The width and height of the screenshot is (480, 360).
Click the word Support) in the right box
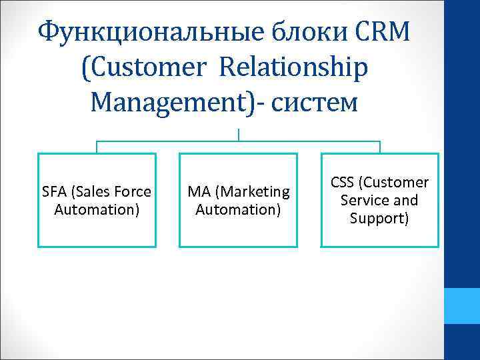[379, 217]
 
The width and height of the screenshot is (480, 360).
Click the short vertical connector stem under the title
[238, 134]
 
